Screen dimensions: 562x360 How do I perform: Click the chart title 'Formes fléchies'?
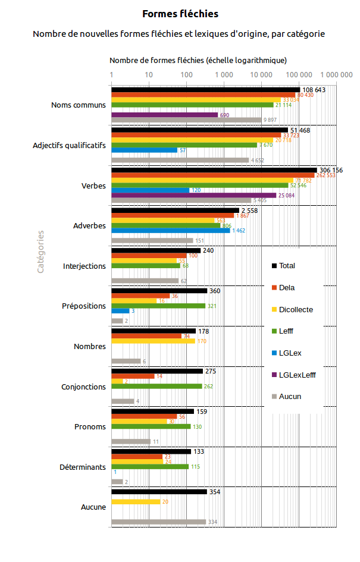(180, 14)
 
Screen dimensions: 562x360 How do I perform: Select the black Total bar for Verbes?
(214, 170)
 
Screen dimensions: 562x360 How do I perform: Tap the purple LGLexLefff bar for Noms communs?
(165, 115)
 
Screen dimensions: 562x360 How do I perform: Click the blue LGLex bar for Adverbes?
(170, 230)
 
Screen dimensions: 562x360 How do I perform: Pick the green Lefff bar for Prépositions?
(158, 306)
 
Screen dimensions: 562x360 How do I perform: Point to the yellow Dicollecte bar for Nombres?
(154, 341)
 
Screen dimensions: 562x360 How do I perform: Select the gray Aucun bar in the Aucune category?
(159, 522)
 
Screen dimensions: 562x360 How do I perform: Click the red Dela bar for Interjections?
(149, 256)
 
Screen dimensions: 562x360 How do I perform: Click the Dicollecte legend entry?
(295, 309)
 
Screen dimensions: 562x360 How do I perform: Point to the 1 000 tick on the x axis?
(224, 75)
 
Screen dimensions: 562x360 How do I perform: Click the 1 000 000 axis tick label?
(336, 75)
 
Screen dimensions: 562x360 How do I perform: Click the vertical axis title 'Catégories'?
(40, 252)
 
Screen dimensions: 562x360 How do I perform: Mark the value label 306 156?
(332, 170)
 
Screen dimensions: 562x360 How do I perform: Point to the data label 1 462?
(238, 231)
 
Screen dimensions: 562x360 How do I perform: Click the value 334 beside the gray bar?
(212, 522)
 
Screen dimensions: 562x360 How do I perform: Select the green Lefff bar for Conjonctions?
(156, 386)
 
